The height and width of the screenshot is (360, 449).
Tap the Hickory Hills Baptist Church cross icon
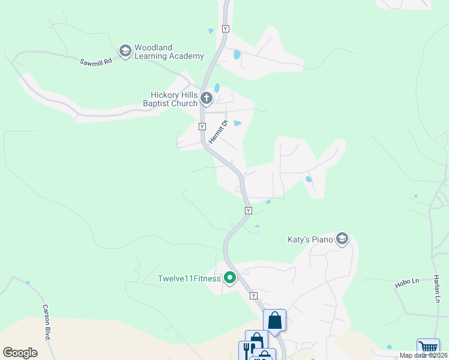[x=206, y=98]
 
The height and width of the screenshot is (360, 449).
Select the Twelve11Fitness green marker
[x=229, y=278]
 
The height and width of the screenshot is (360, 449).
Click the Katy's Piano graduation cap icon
[x=342, y=239]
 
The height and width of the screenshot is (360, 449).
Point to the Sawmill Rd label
[x=96, y=61]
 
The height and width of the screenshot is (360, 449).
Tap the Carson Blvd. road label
[x=46, y=322]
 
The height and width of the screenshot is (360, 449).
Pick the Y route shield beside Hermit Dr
[x=202, y=127]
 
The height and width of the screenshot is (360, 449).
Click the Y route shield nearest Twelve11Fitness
[x=253, y=296]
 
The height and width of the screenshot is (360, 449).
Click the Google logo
[x=20, y=352]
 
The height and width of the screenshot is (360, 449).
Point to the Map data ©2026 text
[x=423, y=355]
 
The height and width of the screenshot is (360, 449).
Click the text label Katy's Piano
[x=310, y=239]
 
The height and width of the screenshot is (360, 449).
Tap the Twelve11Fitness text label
[x=189, y=278]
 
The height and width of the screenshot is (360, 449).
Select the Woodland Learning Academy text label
[x=169, y=52]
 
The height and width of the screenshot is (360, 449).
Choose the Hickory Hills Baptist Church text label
[x=174, y=99]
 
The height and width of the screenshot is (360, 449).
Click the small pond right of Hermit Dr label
[x=237, y=124]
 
